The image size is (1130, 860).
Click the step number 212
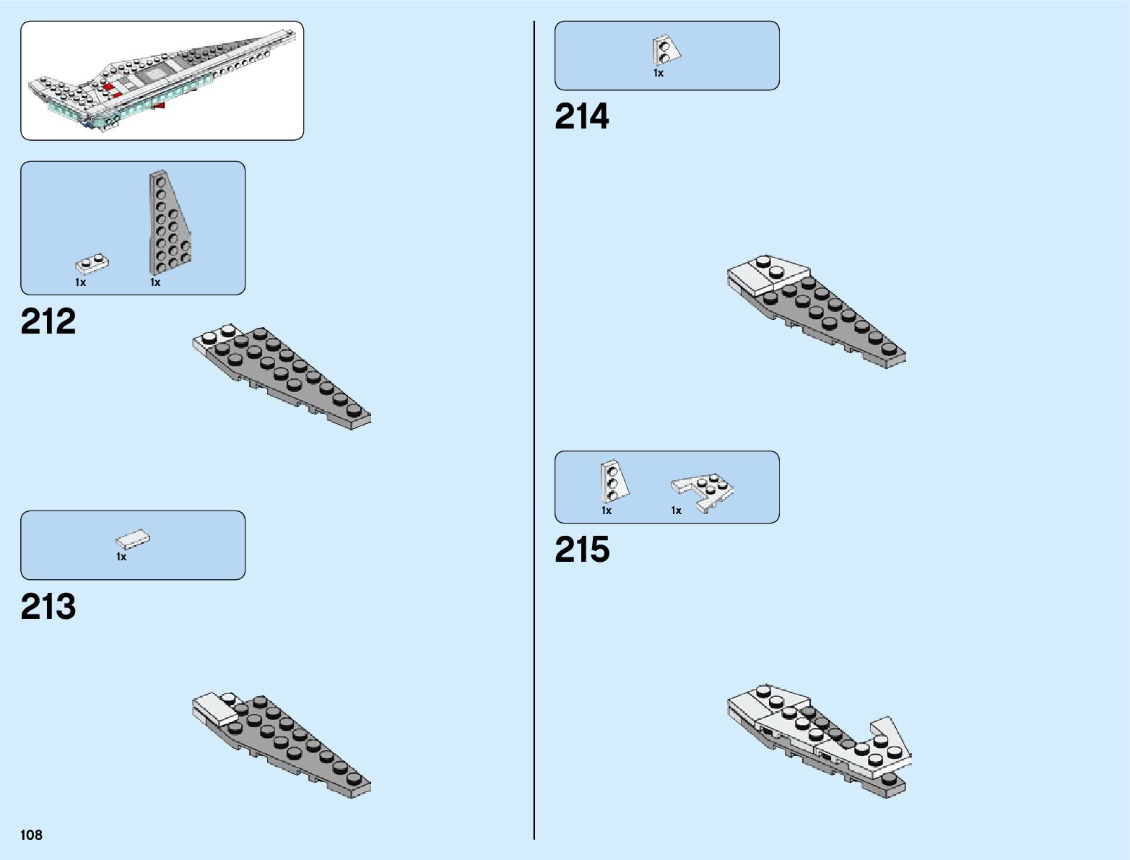[x=48, y=322]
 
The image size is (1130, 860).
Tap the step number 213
[x=48, y=607]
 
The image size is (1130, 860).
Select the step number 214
[x=581, y=117]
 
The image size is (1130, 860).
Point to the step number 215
[x=582, y=550]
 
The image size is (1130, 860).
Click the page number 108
[x=32, y=835]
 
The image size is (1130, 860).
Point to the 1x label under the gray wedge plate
[x=155, y=283]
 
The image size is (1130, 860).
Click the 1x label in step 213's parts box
[x=121, y=557]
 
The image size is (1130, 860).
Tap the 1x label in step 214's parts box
[x=659, y=73]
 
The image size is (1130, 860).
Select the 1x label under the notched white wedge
[x=676, y=511]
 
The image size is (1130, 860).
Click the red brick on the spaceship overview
[x=110, y=87]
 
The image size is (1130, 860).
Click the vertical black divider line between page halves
[x=534, y=433]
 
